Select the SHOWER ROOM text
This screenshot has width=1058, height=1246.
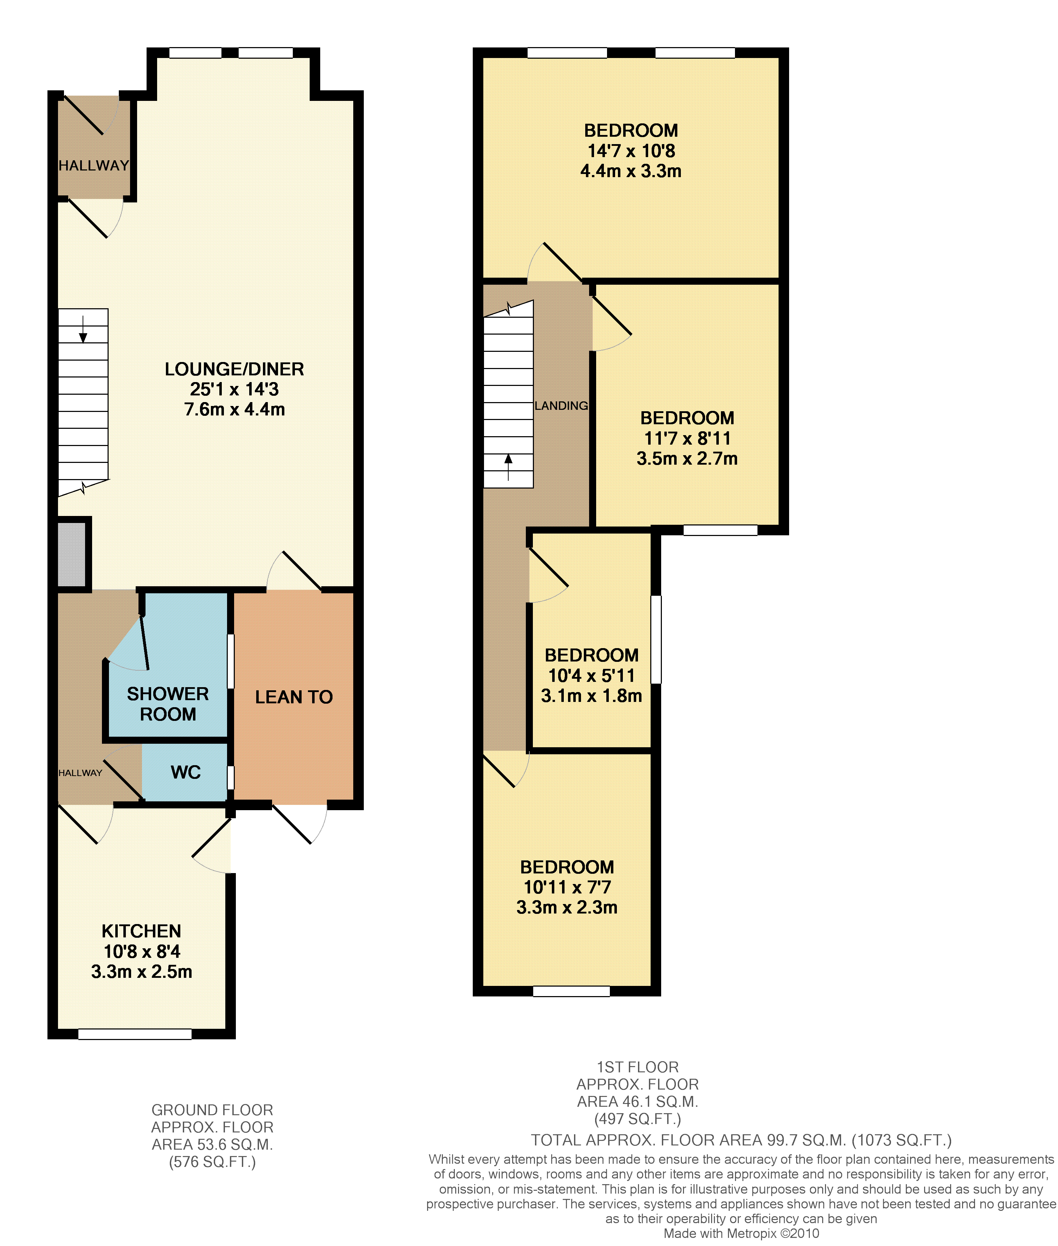pyautogui.click(x=168, y=704)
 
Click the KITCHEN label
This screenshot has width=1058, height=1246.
pyautogui.click(x=142, y=931)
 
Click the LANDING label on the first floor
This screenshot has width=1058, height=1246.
pyautogui.click(x=561, y=406)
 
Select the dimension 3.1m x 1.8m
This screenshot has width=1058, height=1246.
pyautogui.click(x=591, y=696)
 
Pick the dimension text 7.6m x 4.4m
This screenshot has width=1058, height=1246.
pyautogui.click(x=234, y=409)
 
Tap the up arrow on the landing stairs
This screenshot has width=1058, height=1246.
pyautogui.click(x=509, y=467)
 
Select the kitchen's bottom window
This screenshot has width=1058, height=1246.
pyautogui.click(x=135, y=1034)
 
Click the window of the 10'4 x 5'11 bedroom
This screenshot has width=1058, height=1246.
pyautogui.click(x=656, y=639)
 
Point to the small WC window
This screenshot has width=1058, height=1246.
pyautogui.click(x=230, y=778)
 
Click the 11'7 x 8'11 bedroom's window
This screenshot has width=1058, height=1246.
pyautogui.click(x=720, y=530)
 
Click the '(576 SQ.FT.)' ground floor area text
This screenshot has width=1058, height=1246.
pyautogui.click(x=212, y=1162)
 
